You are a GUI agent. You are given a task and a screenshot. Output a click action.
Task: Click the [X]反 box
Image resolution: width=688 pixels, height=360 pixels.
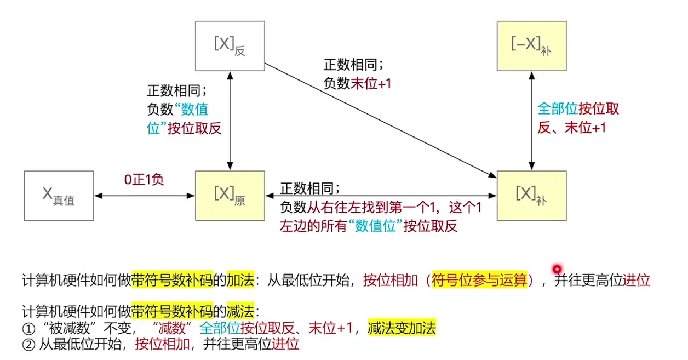tap(230, 45)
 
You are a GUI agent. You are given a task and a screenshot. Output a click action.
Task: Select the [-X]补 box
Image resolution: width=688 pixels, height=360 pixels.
tap(531, 45)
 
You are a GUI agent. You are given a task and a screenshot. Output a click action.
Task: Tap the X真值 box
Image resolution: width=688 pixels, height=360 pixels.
tap(59, 196)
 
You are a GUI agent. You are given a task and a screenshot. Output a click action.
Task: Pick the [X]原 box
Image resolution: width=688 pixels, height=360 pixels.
tap(230, 196)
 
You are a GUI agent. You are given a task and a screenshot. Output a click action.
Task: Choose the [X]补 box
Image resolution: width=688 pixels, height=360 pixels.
tap(531, 196)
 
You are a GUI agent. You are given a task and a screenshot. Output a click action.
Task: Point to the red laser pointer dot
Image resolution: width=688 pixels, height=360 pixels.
tap(558, 268)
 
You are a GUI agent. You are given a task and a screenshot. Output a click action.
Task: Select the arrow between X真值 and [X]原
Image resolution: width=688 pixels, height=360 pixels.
tap(145, 195)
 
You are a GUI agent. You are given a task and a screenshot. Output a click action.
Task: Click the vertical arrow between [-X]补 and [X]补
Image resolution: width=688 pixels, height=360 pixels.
tap(531, 121)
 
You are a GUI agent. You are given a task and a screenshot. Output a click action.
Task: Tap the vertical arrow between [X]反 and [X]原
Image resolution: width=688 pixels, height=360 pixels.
tap(230, 121)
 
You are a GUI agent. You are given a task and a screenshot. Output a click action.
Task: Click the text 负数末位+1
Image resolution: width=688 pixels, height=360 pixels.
tap(358, 83)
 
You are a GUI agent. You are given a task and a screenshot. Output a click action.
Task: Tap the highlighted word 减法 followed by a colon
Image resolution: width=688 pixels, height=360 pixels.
tap(240, 312)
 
